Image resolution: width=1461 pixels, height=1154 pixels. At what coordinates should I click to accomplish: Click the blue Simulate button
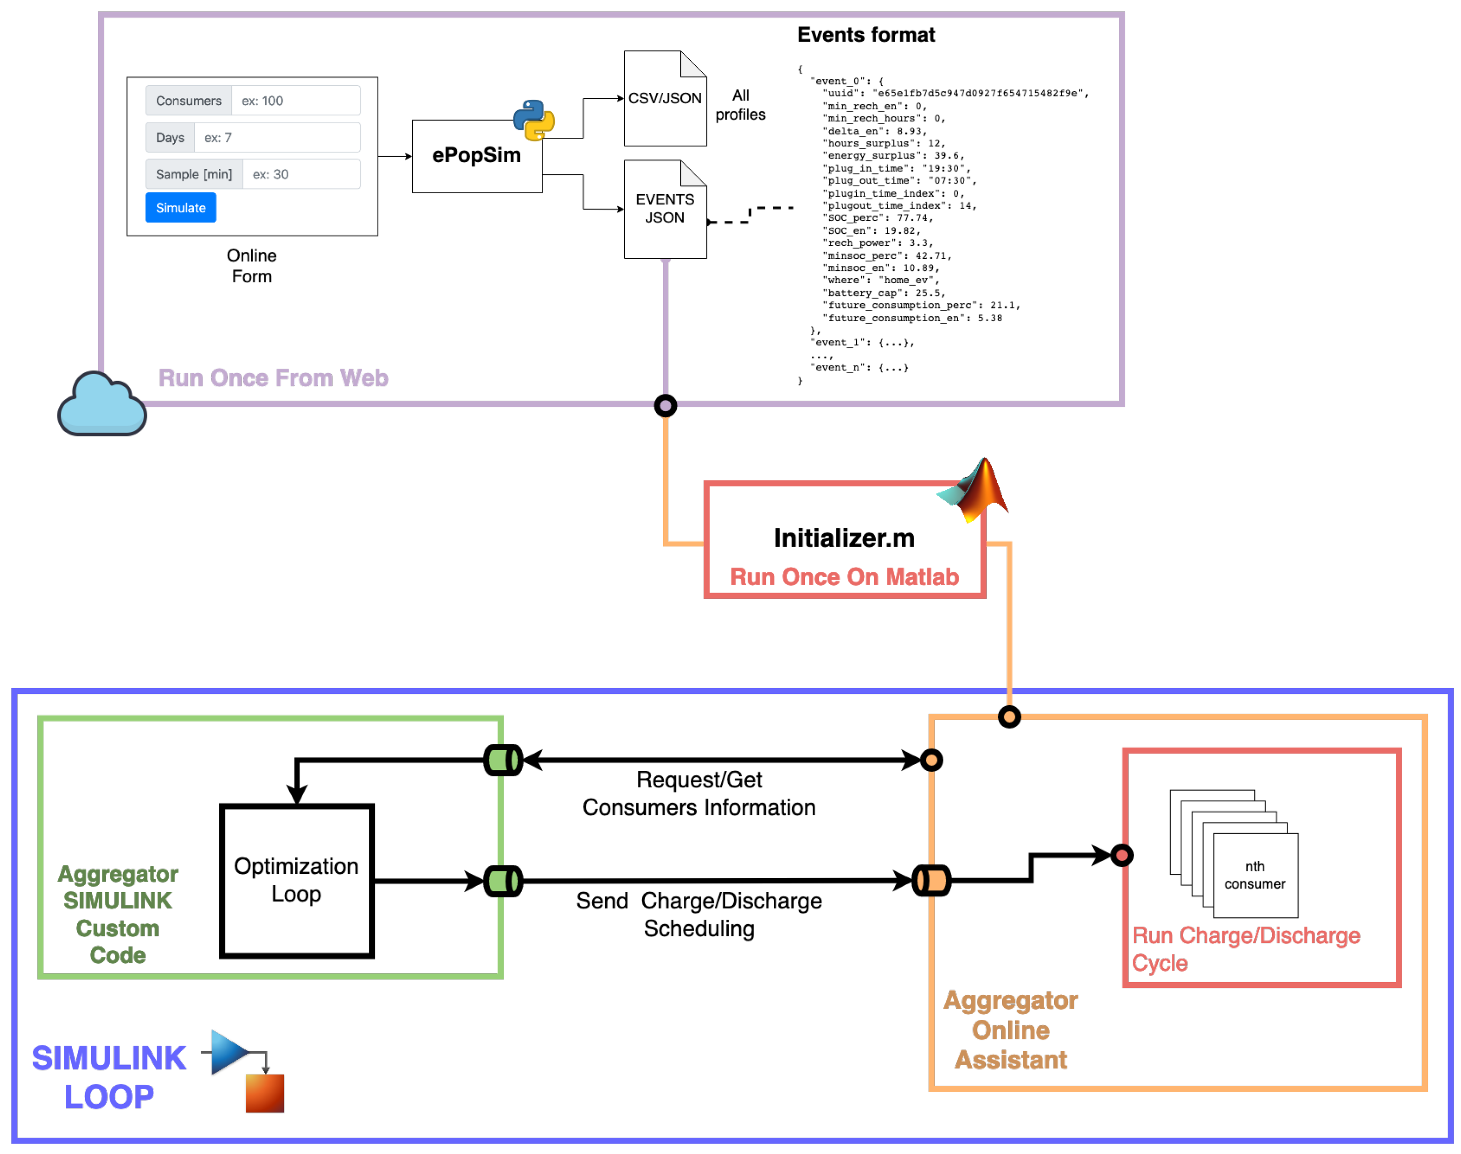click(x=180, y=208)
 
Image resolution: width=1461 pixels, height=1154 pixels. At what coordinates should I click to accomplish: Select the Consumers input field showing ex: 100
click(x=295, y=101)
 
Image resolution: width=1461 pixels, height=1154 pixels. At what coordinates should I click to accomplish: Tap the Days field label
click(x=170, y=138)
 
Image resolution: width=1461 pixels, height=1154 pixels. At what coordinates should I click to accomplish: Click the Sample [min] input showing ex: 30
click(x=301, y=174)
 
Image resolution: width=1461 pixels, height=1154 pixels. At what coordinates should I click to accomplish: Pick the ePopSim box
click(x=477, y=156)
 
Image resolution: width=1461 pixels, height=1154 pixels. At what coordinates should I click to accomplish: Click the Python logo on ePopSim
click(x=534, y=120)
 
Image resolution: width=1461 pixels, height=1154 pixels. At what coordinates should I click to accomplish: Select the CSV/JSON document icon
click(x=665, y=99)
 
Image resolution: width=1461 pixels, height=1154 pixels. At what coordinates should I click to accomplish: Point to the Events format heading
click(x=866, y=35)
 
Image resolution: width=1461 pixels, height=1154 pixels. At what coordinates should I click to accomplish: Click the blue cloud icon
click(x=102, y=405)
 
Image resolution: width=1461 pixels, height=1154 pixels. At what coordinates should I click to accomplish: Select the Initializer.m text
click(x=844, y=538)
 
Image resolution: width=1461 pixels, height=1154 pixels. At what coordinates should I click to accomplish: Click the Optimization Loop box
click(x=297, y=880)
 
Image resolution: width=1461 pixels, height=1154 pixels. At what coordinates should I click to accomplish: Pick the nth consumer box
click(x=1255, y=876)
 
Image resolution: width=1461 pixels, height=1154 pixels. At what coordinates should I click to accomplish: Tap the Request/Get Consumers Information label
click(x=699, y=794)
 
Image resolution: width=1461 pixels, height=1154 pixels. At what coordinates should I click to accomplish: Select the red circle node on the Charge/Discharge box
click(x=1122, y=855)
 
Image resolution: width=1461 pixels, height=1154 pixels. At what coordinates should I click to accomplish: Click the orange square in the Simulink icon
click(x=265, y=1093)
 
